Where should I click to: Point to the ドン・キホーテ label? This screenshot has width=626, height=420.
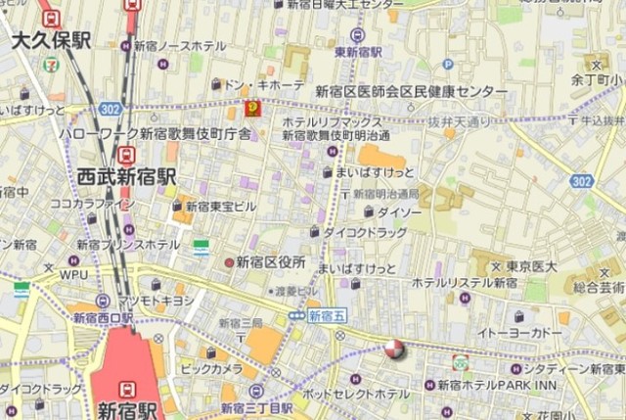click(264, 86)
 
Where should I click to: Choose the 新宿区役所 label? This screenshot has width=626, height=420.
click(271, 262)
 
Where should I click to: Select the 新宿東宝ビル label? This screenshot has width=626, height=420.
click(220, 207)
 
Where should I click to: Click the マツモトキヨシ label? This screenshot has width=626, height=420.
click(156, 301)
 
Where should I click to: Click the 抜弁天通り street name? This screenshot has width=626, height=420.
click(459, 121)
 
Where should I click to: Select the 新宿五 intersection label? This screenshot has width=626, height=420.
click(326, 315)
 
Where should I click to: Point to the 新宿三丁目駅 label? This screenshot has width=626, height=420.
click(259, 407)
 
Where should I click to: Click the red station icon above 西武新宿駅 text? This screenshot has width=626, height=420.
click(126, 155)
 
